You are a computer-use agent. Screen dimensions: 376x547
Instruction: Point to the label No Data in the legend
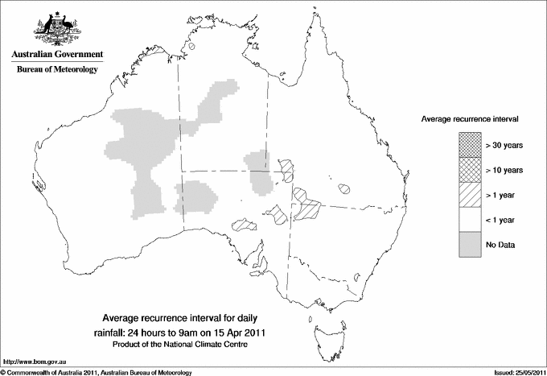click(x=500, y=245)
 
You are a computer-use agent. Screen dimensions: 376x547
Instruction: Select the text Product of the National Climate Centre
click(x=191, y=345)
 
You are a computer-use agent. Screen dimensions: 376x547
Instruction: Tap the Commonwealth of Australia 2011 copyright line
click(x=97, y=372)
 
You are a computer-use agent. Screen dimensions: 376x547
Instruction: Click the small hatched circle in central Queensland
click(x=345, y=190)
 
